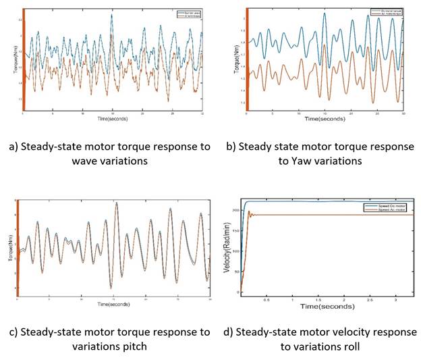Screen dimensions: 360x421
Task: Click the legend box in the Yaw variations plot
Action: pos(387,12)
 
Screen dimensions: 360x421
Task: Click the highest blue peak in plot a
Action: pos(112,16)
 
